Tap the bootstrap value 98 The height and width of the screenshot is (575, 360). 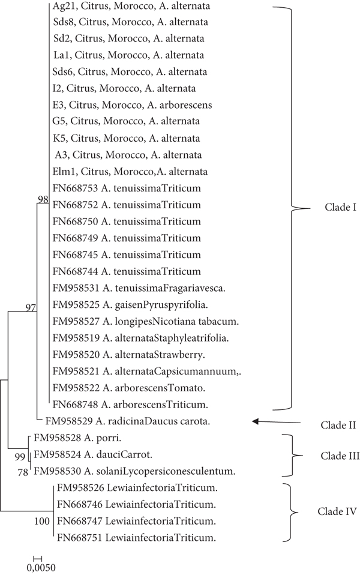[42, 199]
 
